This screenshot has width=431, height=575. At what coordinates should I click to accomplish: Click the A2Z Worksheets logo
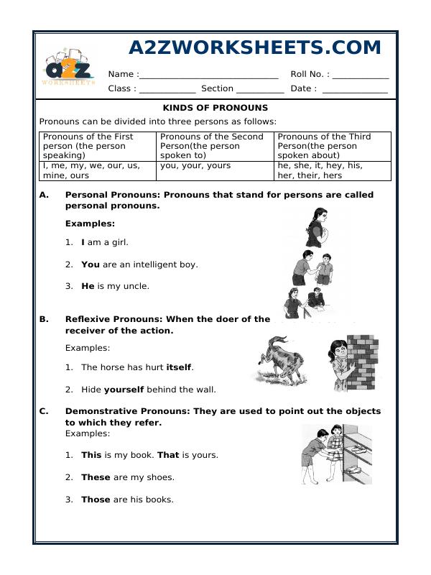point(69,67)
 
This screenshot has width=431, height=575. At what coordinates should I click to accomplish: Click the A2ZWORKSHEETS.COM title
point(255,47)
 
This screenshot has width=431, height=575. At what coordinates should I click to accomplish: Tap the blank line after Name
point(208,75)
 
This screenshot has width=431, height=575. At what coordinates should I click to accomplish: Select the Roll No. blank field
point(360,75)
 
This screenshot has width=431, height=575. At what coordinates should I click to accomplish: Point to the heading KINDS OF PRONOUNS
point(215,108)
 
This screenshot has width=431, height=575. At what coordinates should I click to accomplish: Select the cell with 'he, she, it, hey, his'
point(333,170)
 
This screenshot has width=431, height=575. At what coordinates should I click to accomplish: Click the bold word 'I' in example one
point(83,242)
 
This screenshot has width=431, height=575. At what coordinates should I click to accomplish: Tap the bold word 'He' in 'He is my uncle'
point(88,286)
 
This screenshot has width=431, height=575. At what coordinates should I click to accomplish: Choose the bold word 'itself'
point(179,367)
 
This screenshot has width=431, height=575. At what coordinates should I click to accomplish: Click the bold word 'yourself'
point(124,390)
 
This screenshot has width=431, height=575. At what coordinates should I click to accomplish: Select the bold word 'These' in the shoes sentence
point(96,477)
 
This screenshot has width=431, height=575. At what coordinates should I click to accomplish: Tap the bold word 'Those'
point(96,500)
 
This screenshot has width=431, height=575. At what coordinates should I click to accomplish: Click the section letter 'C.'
point(44,412)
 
